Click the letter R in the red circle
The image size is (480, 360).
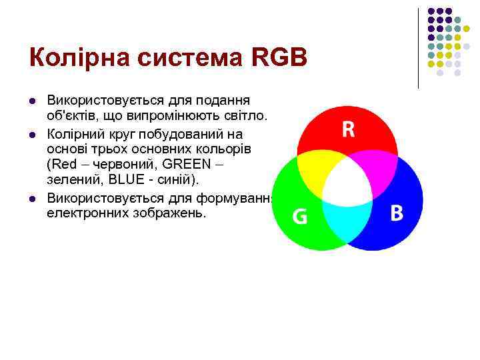click(x=348, y=129)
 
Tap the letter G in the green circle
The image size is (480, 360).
click(x=301, y=217)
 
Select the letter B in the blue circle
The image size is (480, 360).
click(x=397, y=213)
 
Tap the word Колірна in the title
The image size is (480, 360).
click(x=79, y=59)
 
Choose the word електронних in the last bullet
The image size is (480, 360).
click(x=85, y=215)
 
